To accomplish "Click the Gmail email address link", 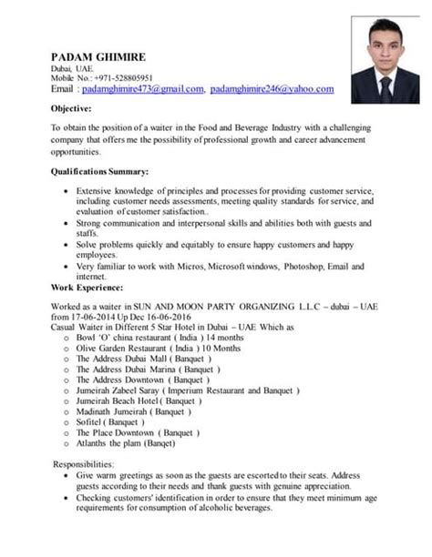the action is pos(141,89).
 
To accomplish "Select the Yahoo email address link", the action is pos(272,89).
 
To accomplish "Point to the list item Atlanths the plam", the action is pos(126,444).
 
